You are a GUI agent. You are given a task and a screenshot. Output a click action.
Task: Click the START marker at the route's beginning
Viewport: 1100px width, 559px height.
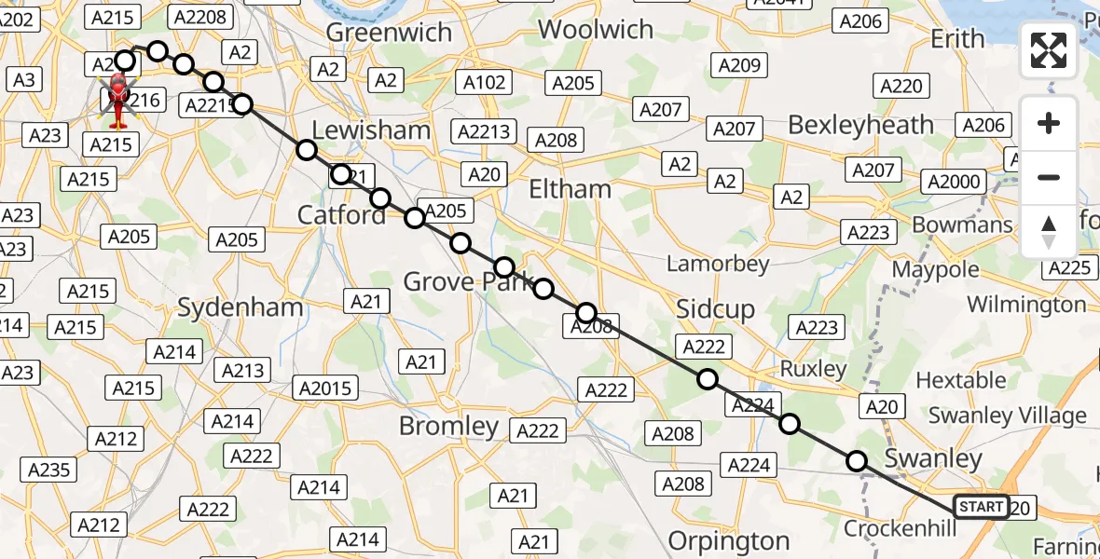[981, 507]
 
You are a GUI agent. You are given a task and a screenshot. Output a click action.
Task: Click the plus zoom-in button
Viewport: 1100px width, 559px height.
[1049, 124]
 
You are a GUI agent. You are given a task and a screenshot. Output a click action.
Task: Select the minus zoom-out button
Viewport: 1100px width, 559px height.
[1049, 177]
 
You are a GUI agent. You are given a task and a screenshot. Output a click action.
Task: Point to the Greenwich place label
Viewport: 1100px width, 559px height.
[390, 33]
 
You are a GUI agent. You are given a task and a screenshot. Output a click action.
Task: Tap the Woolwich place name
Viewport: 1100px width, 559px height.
[596, 30]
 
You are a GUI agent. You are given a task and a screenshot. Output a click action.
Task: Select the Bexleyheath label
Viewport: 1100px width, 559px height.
[860, 125]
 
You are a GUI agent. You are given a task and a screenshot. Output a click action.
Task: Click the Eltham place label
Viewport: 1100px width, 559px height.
[570, 189]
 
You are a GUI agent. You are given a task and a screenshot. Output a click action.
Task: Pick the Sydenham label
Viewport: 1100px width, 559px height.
[227, 307]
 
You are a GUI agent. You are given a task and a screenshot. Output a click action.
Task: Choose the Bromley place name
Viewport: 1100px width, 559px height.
[449, 427]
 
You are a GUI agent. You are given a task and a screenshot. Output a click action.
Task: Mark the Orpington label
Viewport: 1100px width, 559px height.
[729, 540]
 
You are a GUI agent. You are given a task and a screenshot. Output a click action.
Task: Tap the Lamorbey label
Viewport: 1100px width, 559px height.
[718, 264]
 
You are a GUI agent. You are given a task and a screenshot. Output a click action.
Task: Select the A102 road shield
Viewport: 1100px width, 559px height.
[485, 82]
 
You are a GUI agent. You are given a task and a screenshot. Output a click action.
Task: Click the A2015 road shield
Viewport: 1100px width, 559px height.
[324, 387]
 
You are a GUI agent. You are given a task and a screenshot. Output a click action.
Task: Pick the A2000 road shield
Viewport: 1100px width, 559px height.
[953, 182]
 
